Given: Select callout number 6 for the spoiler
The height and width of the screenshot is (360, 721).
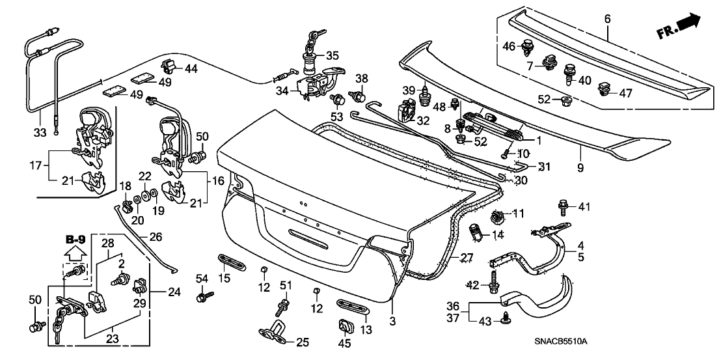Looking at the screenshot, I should [607, 20].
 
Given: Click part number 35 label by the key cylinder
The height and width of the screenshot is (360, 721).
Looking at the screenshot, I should [333, 55].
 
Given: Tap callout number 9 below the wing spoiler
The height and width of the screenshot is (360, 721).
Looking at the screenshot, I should [580, 167].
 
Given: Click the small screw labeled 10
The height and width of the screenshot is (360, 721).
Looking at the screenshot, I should [506, 154].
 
